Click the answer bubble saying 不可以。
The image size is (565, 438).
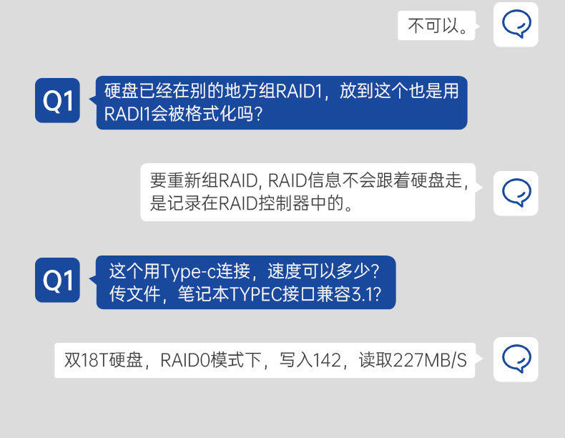(x=436, y=26)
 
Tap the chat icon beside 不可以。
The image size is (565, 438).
(x=516, y=24)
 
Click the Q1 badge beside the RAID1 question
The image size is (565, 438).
(x=57, y=101)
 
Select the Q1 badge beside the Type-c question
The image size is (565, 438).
(x=57, y=280)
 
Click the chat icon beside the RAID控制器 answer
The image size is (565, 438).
(x=516, y=193)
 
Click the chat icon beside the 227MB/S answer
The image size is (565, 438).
(x=516, y=359)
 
